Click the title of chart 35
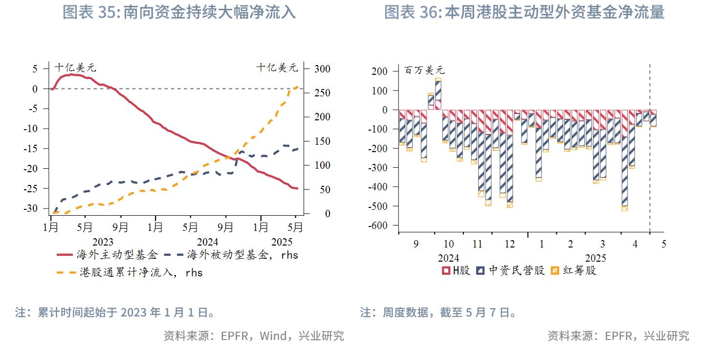179,12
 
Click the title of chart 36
524,12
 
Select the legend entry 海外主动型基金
109,255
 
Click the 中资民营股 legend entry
510,270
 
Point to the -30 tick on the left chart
31,208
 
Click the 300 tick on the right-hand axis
315,69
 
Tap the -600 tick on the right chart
377,225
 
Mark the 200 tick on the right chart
379,71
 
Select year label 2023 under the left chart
103,242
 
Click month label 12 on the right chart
510,244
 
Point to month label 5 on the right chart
663,244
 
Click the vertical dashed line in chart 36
650,147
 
